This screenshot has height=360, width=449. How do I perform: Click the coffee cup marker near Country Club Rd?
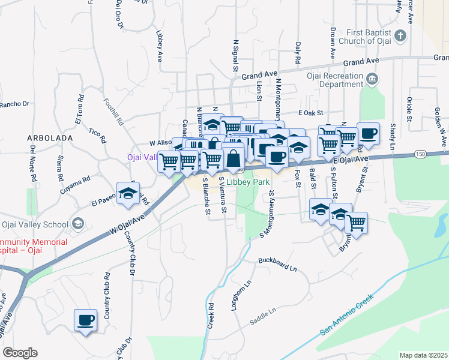point(85,319)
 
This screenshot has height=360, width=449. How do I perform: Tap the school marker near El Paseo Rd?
point(128,193)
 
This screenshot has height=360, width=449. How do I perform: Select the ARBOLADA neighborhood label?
point(50,138)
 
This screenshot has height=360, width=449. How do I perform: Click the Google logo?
point(20,353)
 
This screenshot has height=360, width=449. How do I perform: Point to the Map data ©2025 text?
point(424,355)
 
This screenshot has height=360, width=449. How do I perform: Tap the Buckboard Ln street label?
point(278,263)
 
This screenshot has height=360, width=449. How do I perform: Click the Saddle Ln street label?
point(263,315)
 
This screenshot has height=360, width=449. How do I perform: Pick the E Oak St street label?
point(311,112)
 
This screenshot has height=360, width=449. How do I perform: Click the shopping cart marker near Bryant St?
point(357,223)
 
